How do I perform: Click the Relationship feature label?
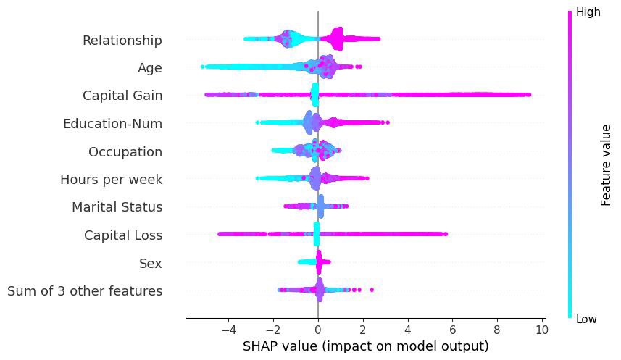coord(122,40)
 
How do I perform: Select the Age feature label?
coord(149,68)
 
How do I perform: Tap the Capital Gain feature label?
coord(122,96)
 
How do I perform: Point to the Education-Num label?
coord(112,124)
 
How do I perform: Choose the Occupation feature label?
coord(125,152)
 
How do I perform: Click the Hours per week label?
coord(111,180)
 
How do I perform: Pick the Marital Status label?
coord(117,208)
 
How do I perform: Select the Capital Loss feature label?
coord(122,235)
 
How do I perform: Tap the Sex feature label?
coord(150,264)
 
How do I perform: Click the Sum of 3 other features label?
coord(84,291)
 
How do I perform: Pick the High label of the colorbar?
coord(588,12)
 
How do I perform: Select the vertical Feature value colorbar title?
coord(607,165)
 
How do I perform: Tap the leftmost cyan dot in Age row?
coord(203,67)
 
